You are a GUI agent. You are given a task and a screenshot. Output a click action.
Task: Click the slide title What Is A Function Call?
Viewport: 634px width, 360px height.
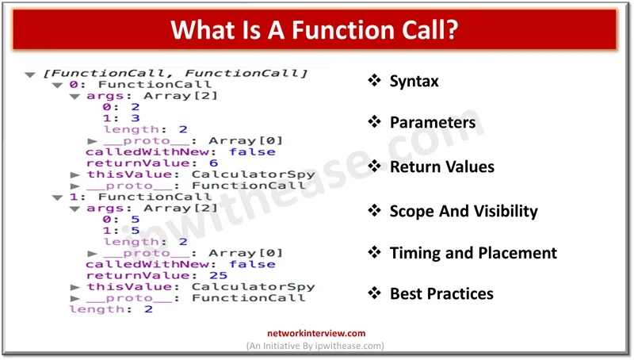tap(314, 29)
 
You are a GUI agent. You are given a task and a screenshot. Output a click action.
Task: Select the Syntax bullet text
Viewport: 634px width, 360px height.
tap(414, 82)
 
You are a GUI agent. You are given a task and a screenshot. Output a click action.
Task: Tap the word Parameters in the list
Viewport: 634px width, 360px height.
tap(433, 122)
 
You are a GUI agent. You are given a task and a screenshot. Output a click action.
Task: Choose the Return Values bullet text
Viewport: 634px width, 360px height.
tap(442, 167)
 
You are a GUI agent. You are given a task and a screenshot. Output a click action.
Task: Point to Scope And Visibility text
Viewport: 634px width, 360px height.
tap(464, 211)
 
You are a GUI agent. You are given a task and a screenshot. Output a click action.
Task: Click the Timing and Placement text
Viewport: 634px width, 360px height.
tap(473, 253)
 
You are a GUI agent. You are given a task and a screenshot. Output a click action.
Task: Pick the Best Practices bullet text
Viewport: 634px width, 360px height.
tap(441, 293)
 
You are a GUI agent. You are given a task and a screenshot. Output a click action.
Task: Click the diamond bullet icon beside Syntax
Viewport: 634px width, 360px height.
tap(374, 80)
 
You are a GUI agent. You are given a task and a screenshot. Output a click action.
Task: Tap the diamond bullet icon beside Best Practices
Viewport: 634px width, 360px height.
tap(374, 293)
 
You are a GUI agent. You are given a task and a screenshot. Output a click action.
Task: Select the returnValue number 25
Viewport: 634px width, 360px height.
tap(219, 275)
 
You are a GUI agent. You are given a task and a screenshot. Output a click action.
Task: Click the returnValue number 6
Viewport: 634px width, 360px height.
tap(213, 163)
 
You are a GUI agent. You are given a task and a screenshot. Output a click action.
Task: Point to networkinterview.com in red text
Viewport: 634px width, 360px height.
tap(316, 333)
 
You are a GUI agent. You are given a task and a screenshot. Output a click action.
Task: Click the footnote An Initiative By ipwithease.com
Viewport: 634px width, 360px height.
tap(315, 346)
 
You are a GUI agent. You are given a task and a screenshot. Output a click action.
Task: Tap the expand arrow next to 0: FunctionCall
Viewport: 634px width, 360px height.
tap(57, 85)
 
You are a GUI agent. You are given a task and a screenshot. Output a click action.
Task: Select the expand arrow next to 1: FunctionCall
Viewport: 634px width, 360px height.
tap(57, 197)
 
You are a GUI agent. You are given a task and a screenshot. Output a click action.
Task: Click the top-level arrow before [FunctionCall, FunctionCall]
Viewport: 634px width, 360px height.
tap(30, 75)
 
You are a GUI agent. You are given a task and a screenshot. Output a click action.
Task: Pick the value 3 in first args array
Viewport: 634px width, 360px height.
tap(135, 118)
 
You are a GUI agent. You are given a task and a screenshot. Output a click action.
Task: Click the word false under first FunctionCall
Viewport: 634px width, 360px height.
tap(252, 151)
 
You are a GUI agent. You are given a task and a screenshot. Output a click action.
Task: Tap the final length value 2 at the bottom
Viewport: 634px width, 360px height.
tap(148, 309)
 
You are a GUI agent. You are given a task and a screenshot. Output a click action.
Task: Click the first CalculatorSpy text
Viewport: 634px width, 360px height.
tap(253, 174)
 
